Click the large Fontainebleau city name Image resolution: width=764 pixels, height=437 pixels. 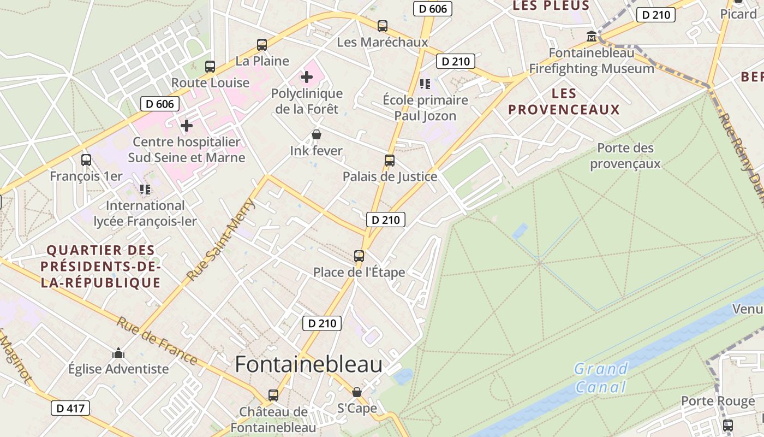pyautogui.click(x=308, y=365)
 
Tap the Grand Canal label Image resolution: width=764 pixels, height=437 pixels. pyautogui.click(x=600, y=378)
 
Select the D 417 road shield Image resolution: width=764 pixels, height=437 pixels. pyautogui.click(x=70, y=408)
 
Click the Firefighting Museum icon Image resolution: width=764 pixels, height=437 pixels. pyautogui.click(x=591, y=37)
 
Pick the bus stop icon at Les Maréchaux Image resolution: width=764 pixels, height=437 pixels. pyautogui.click(x=383, y=26)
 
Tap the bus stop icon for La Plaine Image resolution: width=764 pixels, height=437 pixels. pyautogui.click(x=262, y=45)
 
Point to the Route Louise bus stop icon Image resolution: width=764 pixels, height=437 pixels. pyautogui.click(x=210, y=67)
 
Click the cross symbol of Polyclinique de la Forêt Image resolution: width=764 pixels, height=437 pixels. pyautogui.click(x=307, y=77)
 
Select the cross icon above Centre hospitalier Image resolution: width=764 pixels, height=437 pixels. pyautogui.click(x=187, y=126)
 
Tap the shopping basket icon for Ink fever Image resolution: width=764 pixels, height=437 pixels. pyautogui.click(x=316, y=134)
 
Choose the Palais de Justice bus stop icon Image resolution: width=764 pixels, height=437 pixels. pyautogui.click(x=390, y=160)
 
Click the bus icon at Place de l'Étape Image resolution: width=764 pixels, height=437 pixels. pyautogui.click(x=359, y=256)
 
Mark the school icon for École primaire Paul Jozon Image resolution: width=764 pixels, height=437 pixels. pyautogui.click(x=425, y=84)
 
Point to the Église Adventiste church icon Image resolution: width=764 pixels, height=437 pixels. pyautogui.click(x=118, y=353)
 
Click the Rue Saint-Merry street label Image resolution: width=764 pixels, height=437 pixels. pyautogui.click(x=221, y=240)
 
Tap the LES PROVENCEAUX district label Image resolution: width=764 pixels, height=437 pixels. pyautogui.click(x=564, y=101)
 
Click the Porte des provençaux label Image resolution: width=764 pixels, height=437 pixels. pyautogui.click(x=625, y=156)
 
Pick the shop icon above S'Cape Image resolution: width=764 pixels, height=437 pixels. pyautogui.click(x=357, y=392)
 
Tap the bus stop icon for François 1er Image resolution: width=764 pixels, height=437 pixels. pyautogui.click(x=86, y=160)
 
